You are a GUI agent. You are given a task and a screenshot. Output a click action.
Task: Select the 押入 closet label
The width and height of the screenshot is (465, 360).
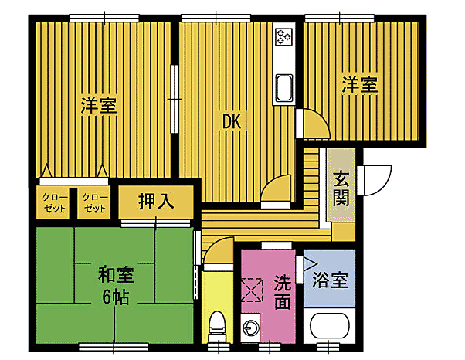pyautogui.click(x=155, y=203)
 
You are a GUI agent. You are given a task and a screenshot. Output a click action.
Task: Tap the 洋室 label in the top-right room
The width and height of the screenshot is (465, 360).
pyautogui.click(x=361, y=86)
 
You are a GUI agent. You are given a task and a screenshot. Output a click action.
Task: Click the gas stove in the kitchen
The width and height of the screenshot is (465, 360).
pyautogui.click(x=283, y=36)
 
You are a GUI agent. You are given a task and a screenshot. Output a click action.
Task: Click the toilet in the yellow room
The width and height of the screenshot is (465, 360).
pyautogui.click(x=217, y=325)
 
